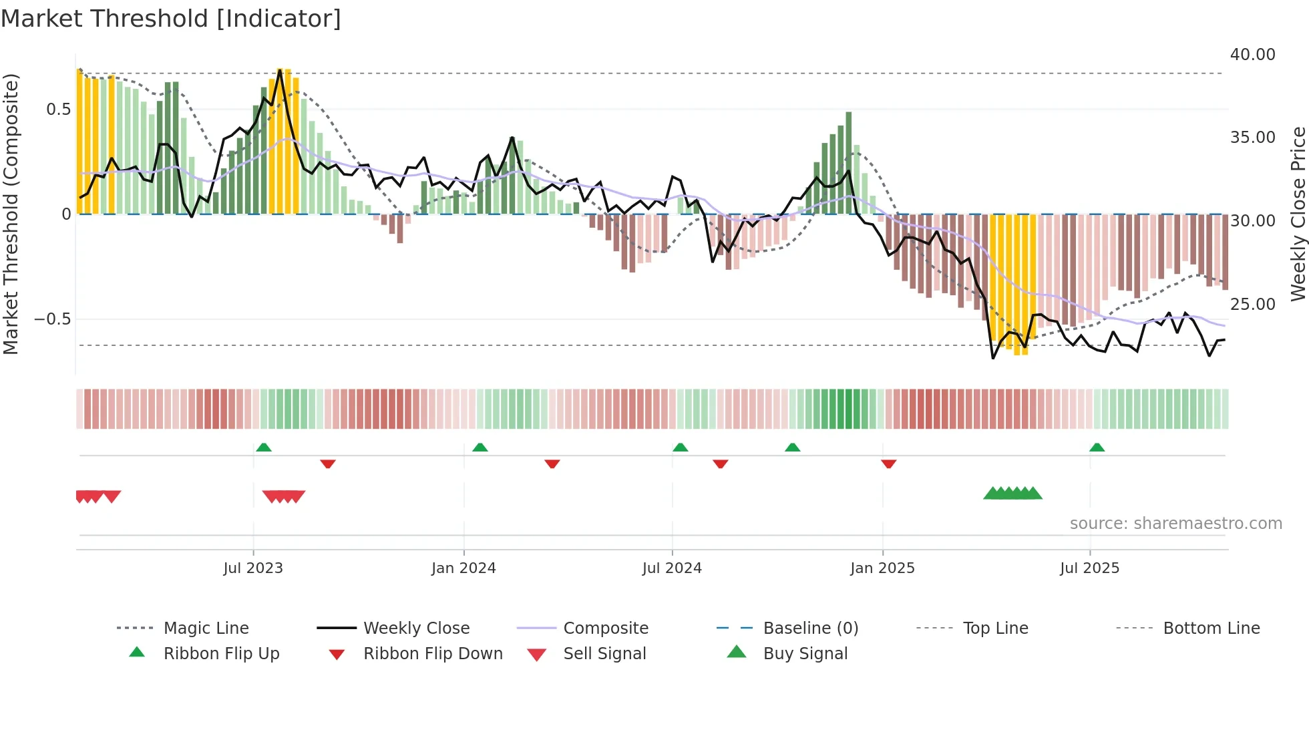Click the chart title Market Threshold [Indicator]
171,19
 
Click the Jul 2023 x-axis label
253,568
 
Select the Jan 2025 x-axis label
882,568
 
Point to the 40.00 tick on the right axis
1252,54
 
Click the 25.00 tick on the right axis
1252,304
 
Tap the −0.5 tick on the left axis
53,319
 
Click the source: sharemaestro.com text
1175,523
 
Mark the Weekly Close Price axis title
1298,214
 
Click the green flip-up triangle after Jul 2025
1097,447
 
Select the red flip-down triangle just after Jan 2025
888,464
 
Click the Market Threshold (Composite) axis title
11,214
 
